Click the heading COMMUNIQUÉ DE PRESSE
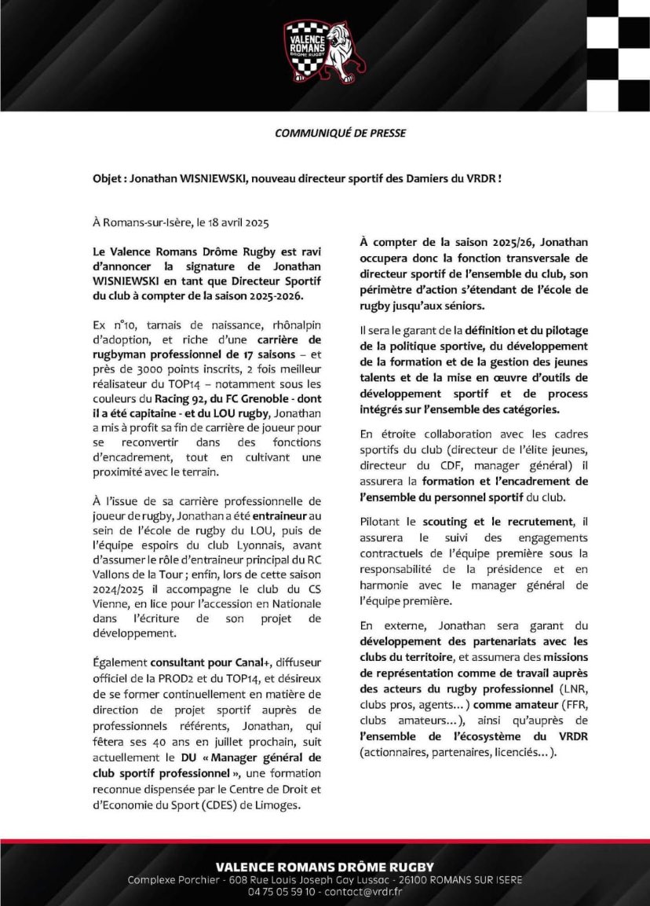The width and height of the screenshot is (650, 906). [340, 134]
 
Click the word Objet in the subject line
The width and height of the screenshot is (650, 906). [108, 179]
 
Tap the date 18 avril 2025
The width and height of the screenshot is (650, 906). [235, 223]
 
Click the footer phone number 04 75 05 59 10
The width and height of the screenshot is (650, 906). [282, 892]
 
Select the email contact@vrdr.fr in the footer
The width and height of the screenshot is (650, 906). [364, 892]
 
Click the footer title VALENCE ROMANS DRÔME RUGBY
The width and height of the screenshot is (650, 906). [324, 866]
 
